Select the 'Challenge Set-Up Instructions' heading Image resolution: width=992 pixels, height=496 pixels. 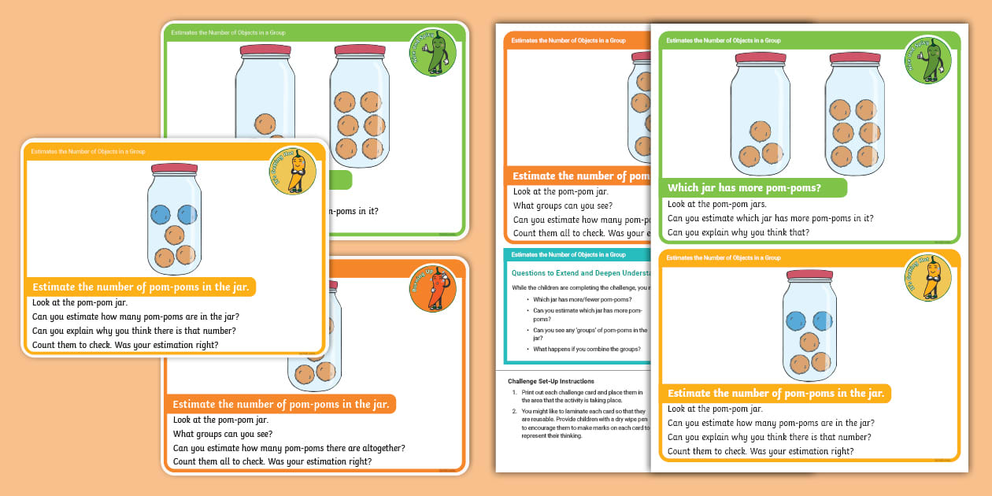pyautogui.click(x=550, y=381)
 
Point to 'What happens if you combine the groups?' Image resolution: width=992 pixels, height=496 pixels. pyautogui.click(x=587, y=349)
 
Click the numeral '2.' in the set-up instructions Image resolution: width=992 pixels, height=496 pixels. pyautogui.click(x=514, y=411)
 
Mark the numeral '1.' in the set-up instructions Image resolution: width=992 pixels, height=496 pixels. pyautogui.click(x=514, y=391)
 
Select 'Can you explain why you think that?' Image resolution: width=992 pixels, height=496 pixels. pyautogui.click(x=738, y=232)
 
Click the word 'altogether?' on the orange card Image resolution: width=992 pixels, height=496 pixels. pyautogui.click(x=379, y=448)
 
